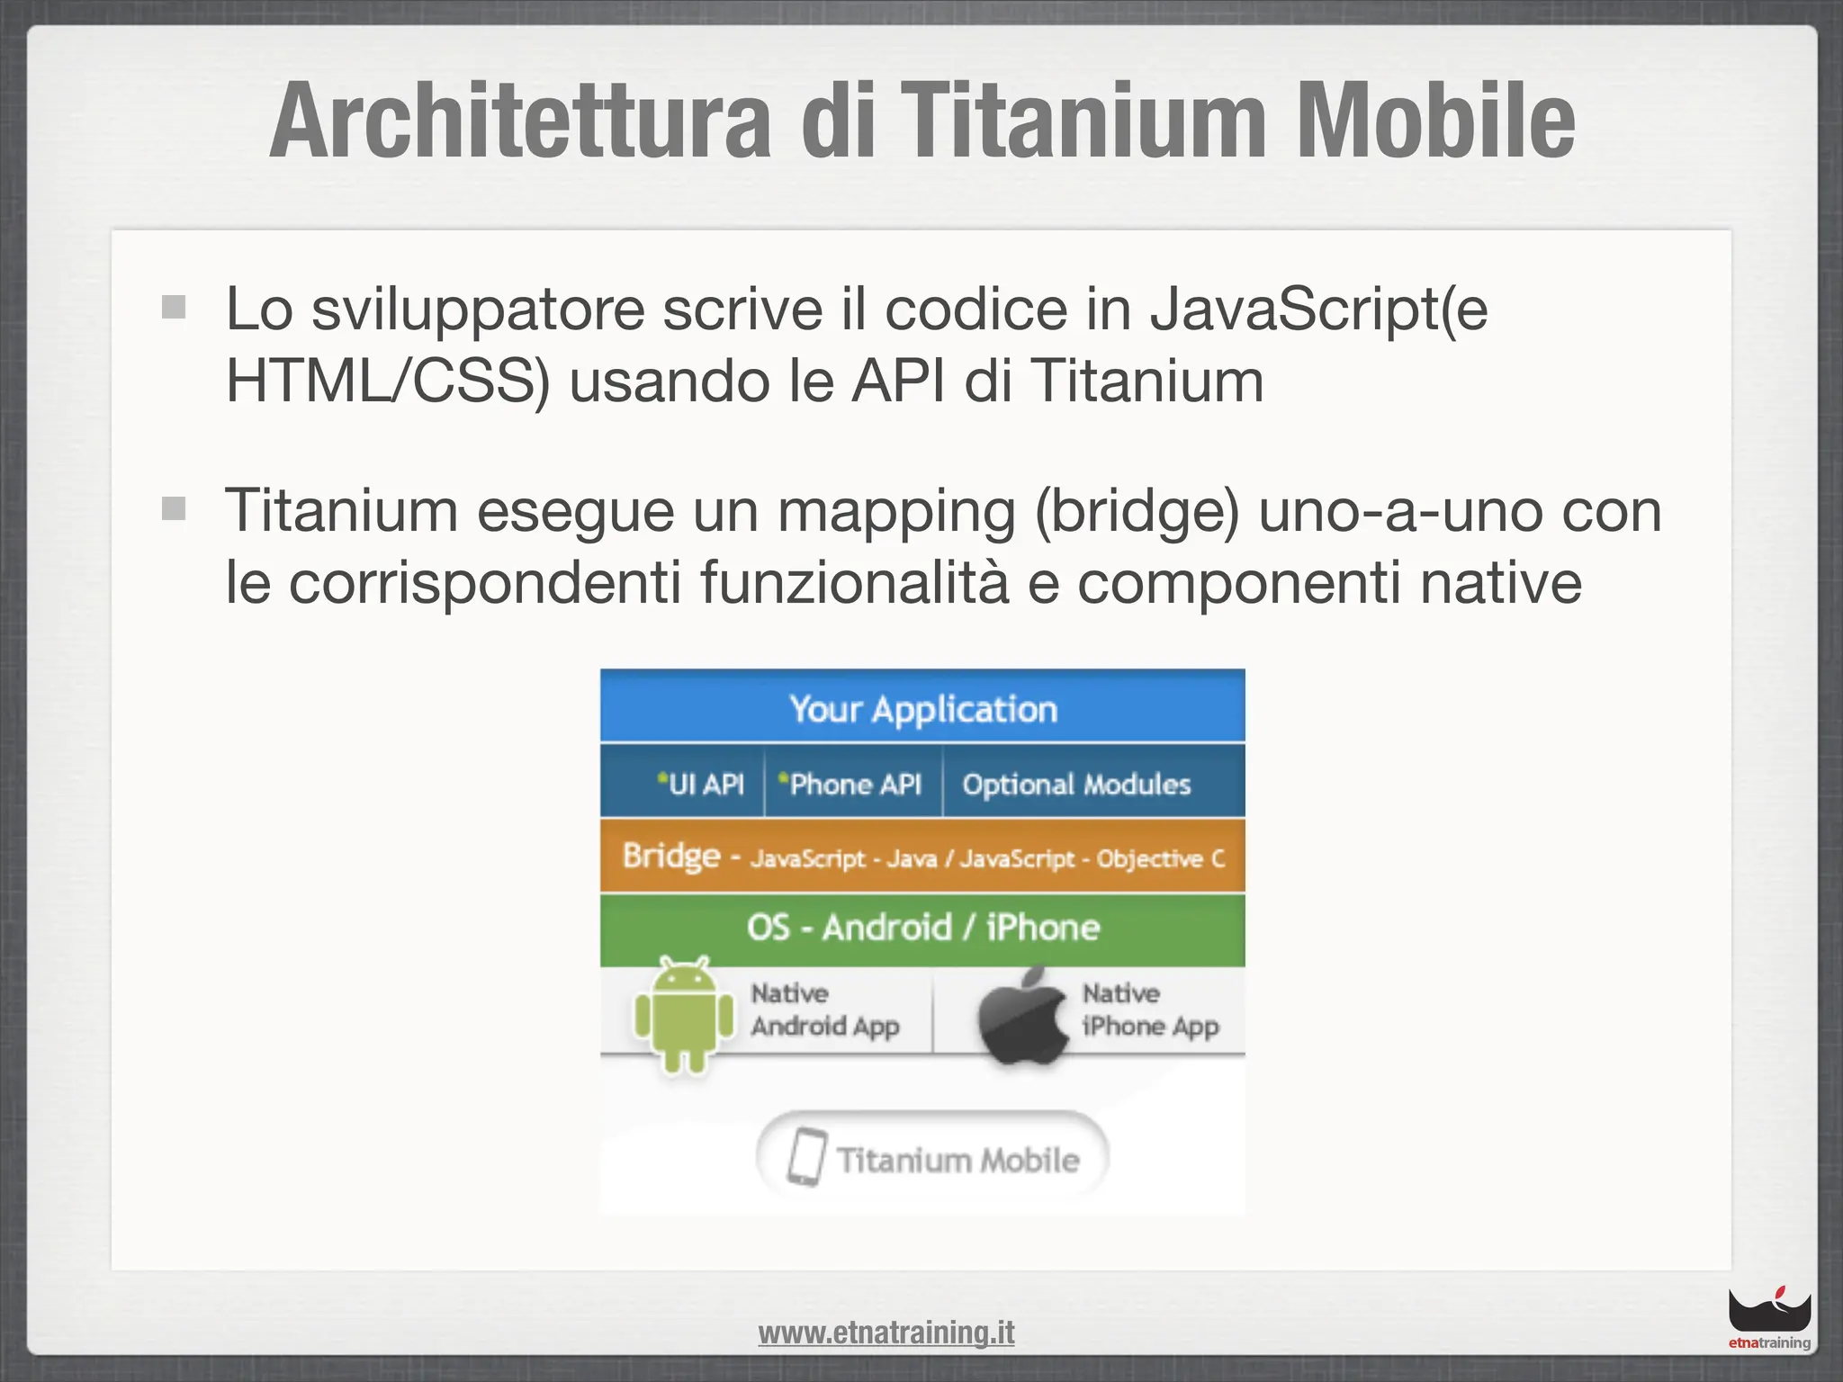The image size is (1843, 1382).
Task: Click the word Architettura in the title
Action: (x=520, y=121)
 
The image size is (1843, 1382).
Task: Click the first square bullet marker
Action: (x=174, y=308)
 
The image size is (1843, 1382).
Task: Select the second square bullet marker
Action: (x=174, y=509)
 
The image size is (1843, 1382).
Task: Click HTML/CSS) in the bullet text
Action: (x=387, y=381)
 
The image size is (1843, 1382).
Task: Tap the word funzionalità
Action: (x=855, y=583)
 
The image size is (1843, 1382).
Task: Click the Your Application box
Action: (x=922, y=708)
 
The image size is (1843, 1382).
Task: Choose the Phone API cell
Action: (x=851, y=785)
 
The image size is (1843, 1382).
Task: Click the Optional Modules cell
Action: (x=1076, y=785)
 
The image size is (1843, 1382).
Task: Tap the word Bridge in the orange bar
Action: (x=671, y=855)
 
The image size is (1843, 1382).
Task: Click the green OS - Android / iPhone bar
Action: (x=922, y=928)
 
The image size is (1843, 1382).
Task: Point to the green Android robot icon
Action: (x=684, y=1014)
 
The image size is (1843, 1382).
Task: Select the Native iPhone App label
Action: (x=1149, y=1010)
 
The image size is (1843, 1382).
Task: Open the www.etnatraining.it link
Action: (x=886, y=1333)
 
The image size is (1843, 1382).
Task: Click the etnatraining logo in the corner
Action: (x=1768, y=1319)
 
